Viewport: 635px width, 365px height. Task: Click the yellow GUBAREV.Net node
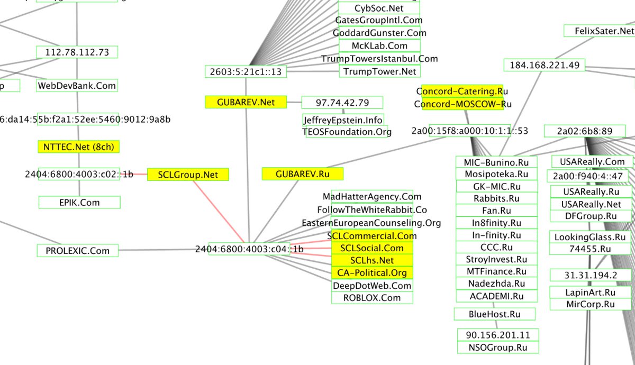click(x=246, y=102)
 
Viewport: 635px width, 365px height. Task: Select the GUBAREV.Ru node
click(x=303, y=174)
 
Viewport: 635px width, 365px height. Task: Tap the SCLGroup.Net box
click(x=188, y=175)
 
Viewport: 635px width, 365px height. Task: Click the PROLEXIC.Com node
click(x=77, y=251)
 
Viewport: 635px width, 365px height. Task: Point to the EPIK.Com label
click(x=79, y=202)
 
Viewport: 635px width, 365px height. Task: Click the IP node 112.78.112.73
click(x=77, y=52)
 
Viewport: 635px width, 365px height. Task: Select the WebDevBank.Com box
click(x=77, y=85)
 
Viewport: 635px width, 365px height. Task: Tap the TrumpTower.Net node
click(x=379, y=71)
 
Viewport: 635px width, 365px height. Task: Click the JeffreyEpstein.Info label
click(x=343, y=120)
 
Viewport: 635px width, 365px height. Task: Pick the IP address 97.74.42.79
click(x=342, y=102)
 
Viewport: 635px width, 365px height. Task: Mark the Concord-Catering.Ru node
click(x=462, y=91)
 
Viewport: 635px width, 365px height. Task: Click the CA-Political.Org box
click(x=371, y=273)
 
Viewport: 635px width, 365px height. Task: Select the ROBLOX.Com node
click(x=372, y=298)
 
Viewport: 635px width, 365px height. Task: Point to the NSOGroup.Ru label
click(x=498, y=348)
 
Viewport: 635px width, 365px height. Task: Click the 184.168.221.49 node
click(x=544, y=65)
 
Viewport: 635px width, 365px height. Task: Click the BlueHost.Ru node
click(x=494, y=314)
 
